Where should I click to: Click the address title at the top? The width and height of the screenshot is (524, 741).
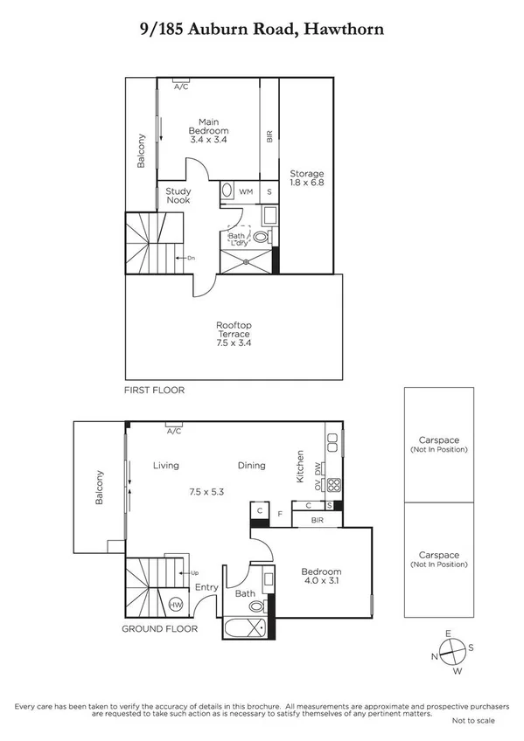(x=262, y=29)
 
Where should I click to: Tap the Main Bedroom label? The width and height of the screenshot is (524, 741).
(x=208, y=130)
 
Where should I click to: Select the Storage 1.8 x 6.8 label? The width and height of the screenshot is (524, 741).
(x=307, y=179)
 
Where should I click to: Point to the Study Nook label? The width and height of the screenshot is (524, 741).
(x=178, y=196)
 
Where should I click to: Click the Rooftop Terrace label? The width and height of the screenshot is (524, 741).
(x=234, y=335)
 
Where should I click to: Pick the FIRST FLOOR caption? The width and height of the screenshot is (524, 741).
(x=155, y=391)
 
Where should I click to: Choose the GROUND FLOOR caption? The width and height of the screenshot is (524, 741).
(x=160, y=628)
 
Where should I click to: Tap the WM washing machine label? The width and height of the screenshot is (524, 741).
(x=247, y=191)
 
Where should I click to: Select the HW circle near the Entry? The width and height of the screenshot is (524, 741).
(x=175, y=605)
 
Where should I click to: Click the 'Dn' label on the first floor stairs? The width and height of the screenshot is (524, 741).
(x=189, y=258)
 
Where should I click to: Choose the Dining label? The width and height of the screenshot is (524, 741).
(x=251, y=466)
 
